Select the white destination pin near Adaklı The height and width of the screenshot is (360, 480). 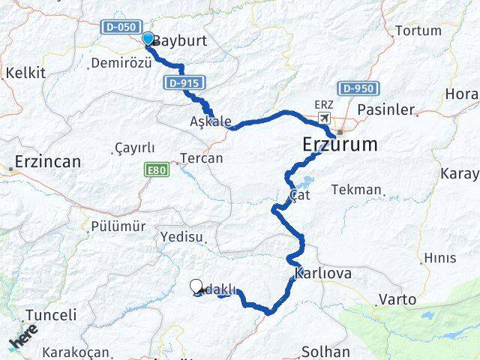tap(196, 286)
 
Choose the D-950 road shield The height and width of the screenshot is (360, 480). tap(356, 88)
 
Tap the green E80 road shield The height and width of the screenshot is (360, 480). tap(157, 171)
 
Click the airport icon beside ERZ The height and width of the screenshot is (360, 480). tap(325, 118)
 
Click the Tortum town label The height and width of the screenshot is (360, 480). tap(418, 31)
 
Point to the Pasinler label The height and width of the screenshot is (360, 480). tap(385, 109)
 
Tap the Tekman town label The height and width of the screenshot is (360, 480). tap(356, 190)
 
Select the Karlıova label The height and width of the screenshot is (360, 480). tap(323, 273)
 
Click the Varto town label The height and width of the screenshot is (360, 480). tap(397, 299)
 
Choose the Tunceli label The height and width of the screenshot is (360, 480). tap(51, 315)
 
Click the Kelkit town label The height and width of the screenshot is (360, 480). tap(25, 73)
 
